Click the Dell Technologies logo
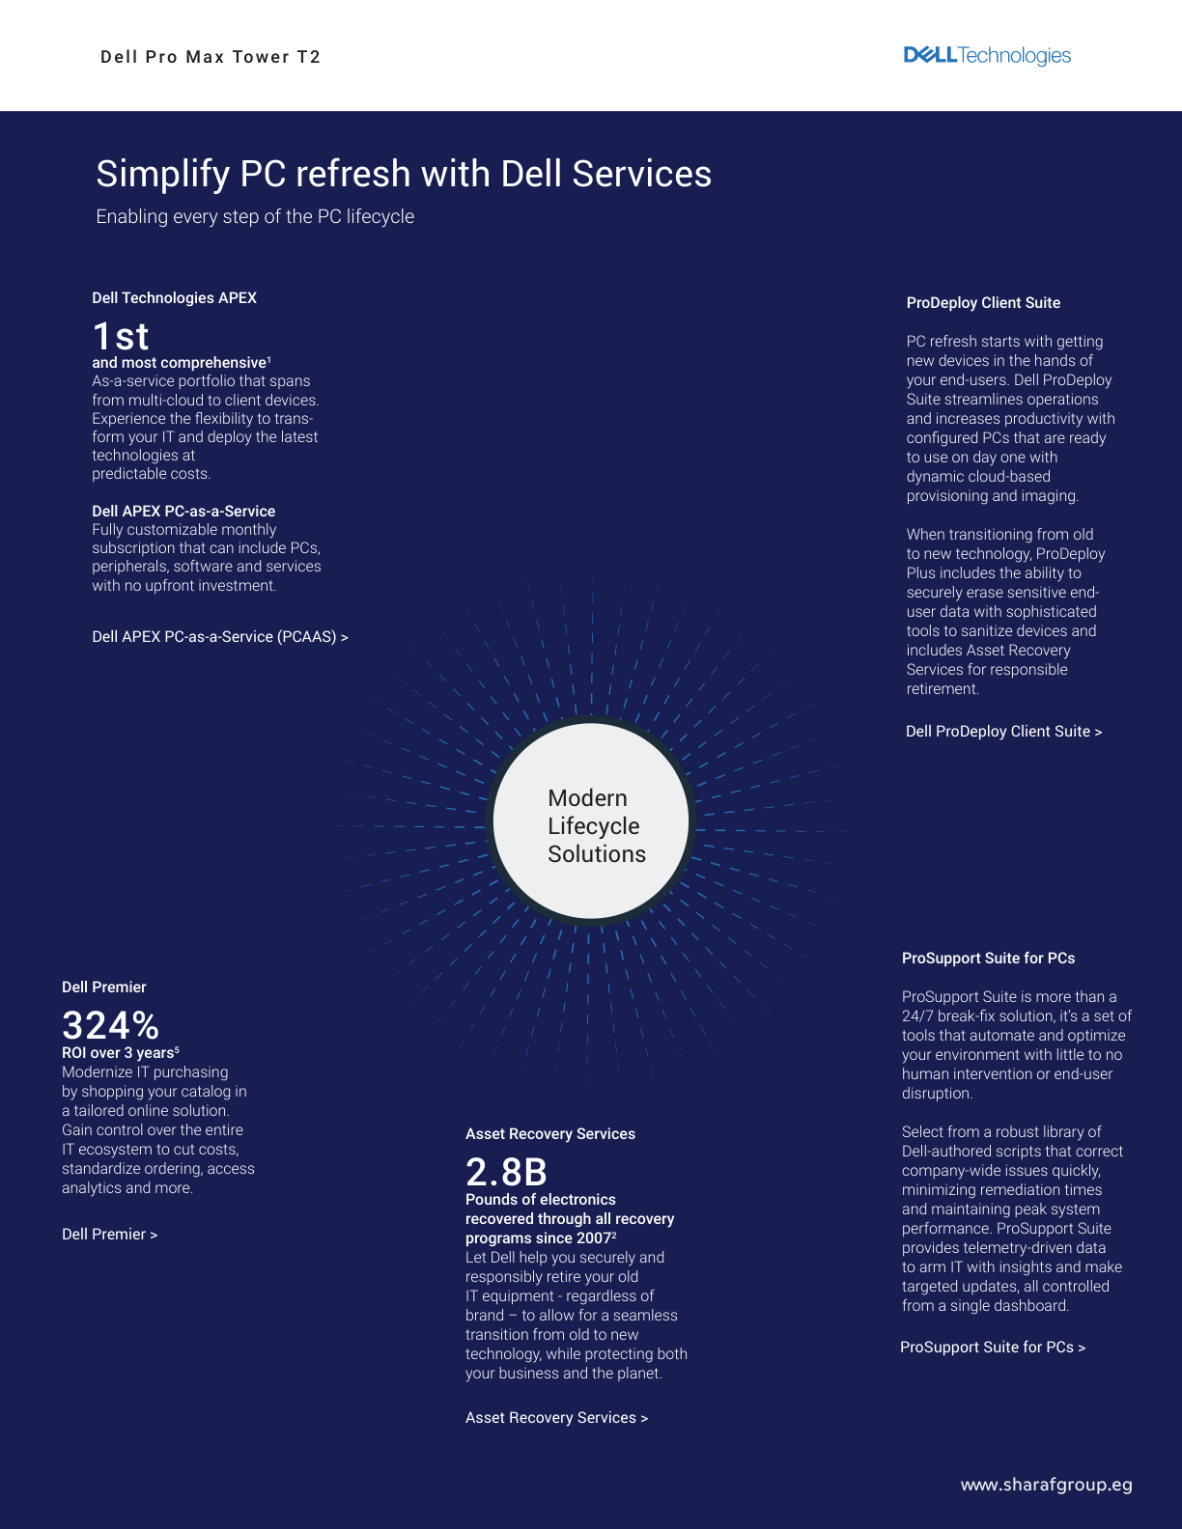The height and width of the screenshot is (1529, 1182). click(986, 56)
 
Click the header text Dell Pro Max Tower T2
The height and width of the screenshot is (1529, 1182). click(211, 57)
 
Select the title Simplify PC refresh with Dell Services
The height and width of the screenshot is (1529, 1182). click(404, 173)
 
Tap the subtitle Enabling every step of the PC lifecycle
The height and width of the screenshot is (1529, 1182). click(255, 217)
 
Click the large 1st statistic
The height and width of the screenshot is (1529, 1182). click(121, 336)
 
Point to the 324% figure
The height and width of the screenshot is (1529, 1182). click(110, 1024)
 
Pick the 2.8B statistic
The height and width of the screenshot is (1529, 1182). click(506, 1172)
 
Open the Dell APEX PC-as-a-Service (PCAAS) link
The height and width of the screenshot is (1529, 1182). click(220, 637)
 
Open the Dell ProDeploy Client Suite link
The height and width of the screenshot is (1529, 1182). click(1004, 732)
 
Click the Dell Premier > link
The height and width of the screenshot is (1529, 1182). click(110, 1235)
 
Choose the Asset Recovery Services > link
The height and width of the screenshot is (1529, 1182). click(557, 1418)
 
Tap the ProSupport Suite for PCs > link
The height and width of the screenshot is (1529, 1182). click(993, 1348)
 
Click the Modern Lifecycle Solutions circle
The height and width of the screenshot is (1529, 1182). click(591, 820)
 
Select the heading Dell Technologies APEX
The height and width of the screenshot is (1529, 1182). click(175, 298)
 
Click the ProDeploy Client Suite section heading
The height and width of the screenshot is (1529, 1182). click(983, 303)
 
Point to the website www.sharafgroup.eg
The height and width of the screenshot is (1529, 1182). click(1047, 1486)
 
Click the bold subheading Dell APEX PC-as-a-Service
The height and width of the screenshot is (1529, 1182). click(183, 512)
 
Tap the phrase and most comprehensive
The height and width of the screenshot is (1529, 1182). click(180, 363)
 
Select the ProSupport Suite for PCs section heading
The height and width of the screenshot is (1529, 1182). click(989, 959)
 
